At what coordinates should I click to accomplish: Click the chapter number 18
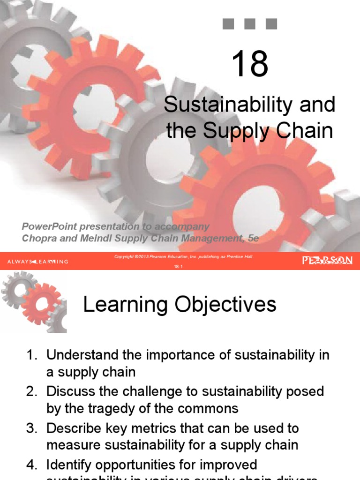[x=250, y=64]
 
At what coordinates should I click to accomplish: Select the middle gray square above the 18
[x=250, y=24]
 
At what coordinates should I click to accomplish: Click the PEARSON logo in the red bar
[x=328, y=261]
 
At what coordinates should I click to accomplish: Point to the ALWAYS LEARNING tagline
[x=37, y=261]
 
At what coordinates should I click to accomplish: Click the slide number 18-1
[x=180, y=265]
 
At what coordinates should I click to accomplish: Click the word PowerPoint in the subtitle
[x=47, y=226]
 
